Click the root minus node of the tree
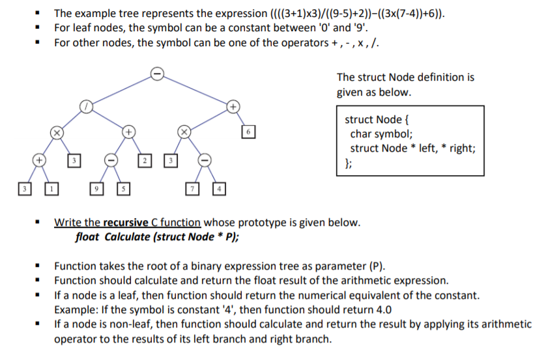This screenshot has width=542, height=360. point(156,74)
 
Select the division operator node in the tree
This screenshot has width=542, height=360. point(85,105)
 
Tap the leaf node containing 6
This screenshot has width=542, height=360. point(248,133)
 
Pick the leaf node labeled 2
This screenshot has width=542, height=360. point(147,159)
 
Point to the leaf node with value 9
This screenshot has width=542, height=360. point(96,189)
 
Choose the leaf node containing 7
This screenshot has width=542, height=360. point(192,189)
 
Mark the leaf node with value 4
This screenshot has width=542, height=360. point(221,189)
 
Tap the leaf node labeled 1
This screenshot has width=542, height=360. point(49,189)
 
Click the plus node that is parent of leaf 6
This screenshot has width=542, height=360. point(233,105)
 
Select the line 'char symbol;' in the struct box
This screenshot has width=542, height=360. point(381,134)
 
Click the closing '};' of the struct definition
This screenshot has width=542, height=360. point(348,162)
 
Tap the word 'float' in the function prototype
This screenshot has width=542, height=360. point(87,236)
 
